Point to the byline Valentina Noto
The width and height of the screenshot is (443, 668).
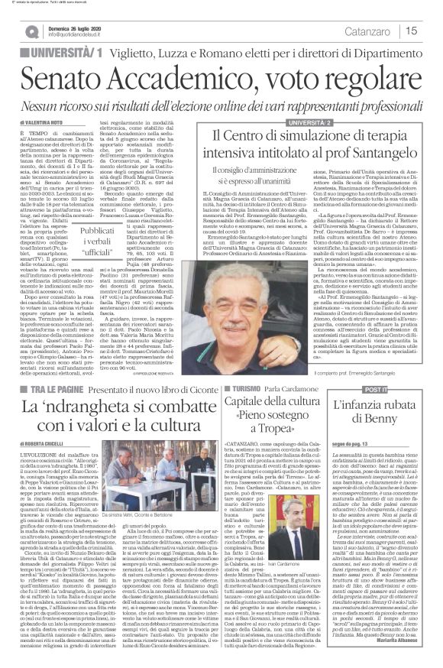37,121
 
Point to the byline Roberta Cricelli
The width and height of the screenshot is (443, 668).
37,440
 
